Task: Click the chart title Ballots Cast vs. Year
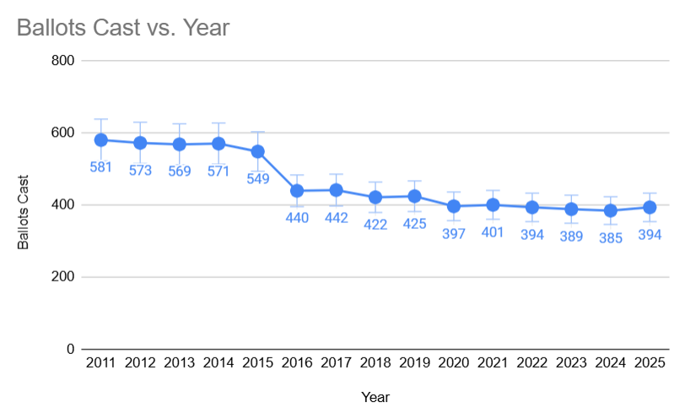point(123,27)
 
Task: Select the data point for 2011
point(101,140)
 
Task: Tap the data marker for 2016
point(297,191)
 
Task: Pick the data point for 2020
point(454,206)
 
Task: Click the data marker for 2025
point(650,207)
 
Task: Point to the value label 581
point(101,166)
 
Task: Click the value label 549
point(258,178)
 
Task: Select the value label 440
point(297,217)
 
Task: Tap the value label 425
point(414,224)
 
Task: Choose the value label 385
point(610,238)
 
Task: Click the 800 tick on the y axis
point(65,61)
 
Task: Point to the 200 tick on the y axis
point(65,277)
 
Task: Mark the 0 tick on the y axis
point(71,349)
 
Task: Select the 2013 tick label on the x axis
point(180,362)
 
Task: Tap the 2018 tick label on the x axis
point(375,362)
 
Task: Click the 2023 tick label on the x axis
point(571,362)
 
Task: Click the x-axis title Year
point(375,396)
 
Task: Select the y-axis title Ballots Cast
point(24,211)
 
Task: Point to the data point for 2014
point(218,144)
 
